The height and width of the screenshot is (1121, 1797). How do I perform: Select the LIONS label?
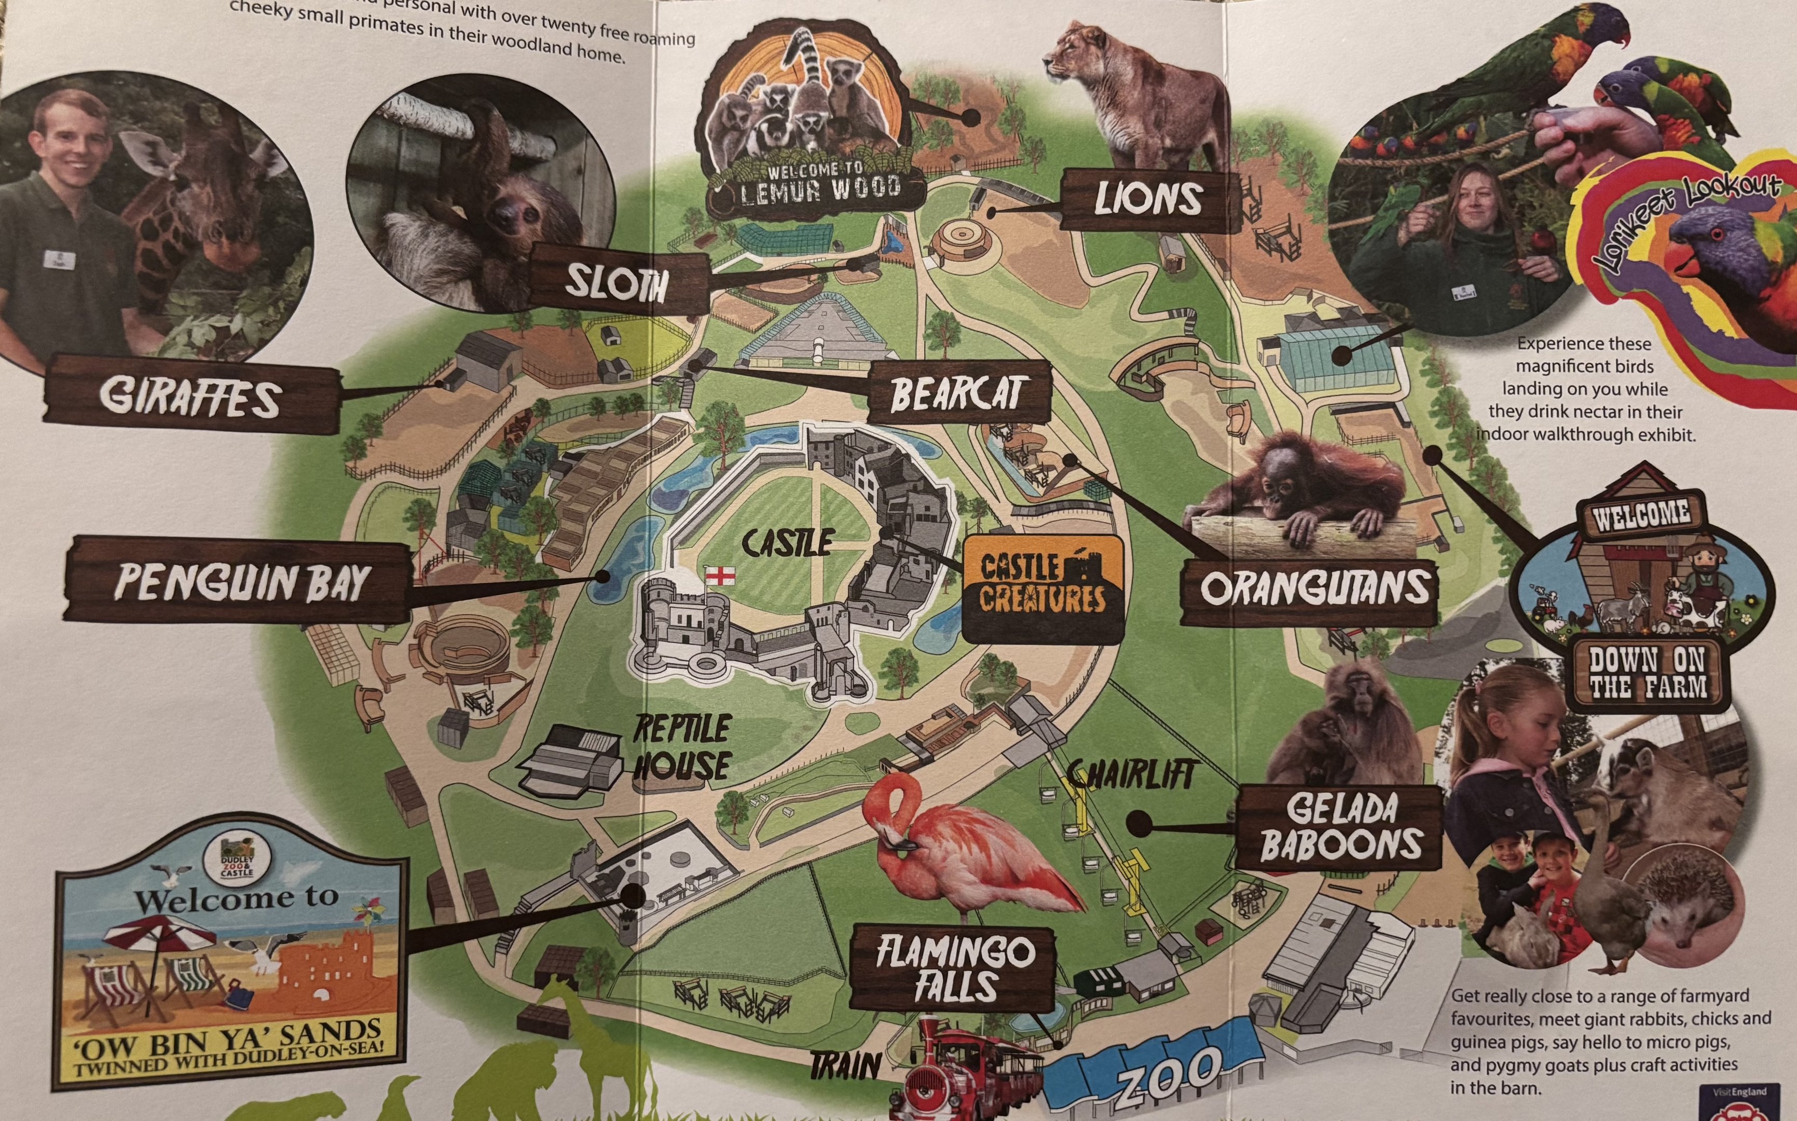coord(1148,199)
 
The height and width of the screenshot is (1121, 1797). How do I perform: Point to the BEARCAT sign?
coord(959,393)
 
